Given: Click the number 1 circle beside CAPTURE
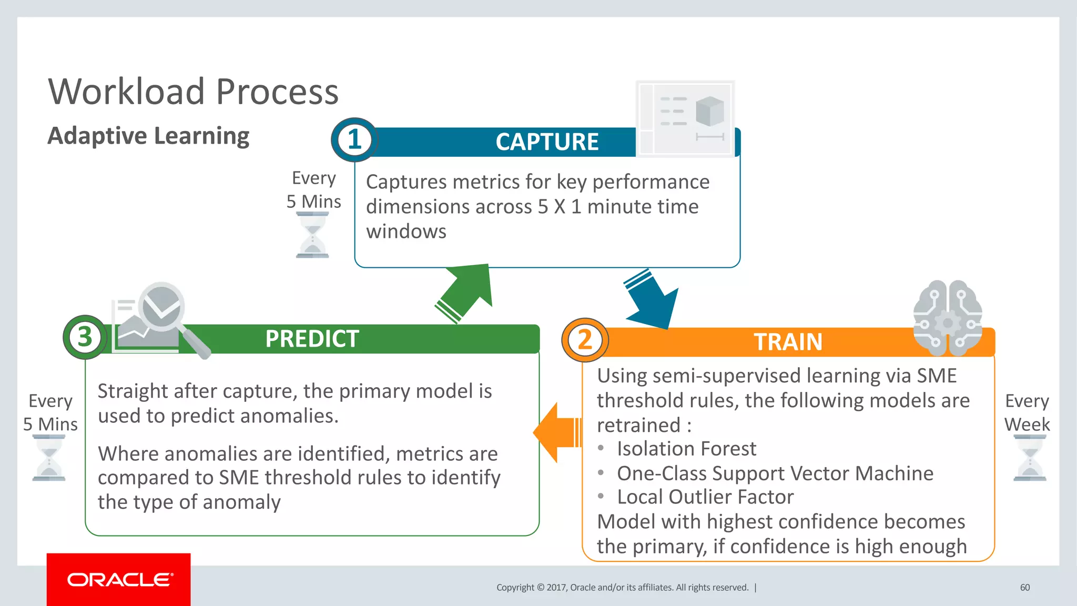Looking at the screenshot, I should coord(354,140).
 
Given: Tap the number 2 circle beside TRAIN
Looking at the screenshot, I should coord(585,340).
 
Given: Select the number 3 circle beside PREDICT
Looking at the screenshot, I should coord(85,337).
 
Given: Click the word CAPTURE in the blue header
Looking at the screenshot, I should coord(547,142).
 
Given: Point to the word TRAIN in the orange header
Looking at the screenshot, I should coord(788,342).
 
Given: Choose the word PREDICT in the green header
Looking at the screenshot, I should coord(312,339).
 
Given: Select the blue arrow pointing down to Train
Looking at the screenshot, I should coord(652,300).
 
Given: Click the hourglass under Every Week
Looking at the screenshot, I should coord(1029,458).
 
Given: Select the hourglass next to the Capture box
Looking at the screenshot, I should coord(312,235).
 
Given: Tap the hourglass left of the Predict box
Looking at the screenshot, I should coord(49,458).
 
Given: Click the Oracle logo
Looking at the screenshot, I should coord(119,580).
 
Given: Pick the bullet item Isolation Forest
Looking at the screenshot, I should coord(686,449).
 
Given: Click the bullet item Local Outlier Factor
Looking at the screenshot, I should coord(705,497).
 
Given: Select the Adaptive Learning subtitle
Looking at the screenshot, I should coord(148,136).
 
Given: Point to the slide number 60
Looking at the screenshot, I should coord(1024,588).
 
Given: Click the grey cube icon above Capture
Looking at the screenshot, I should coord(709,111).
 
